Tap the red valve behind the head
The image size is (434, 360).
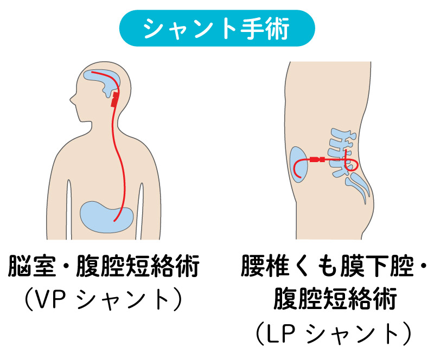[115, 99]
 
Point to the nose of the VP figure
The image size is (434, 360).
[72, 99]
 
